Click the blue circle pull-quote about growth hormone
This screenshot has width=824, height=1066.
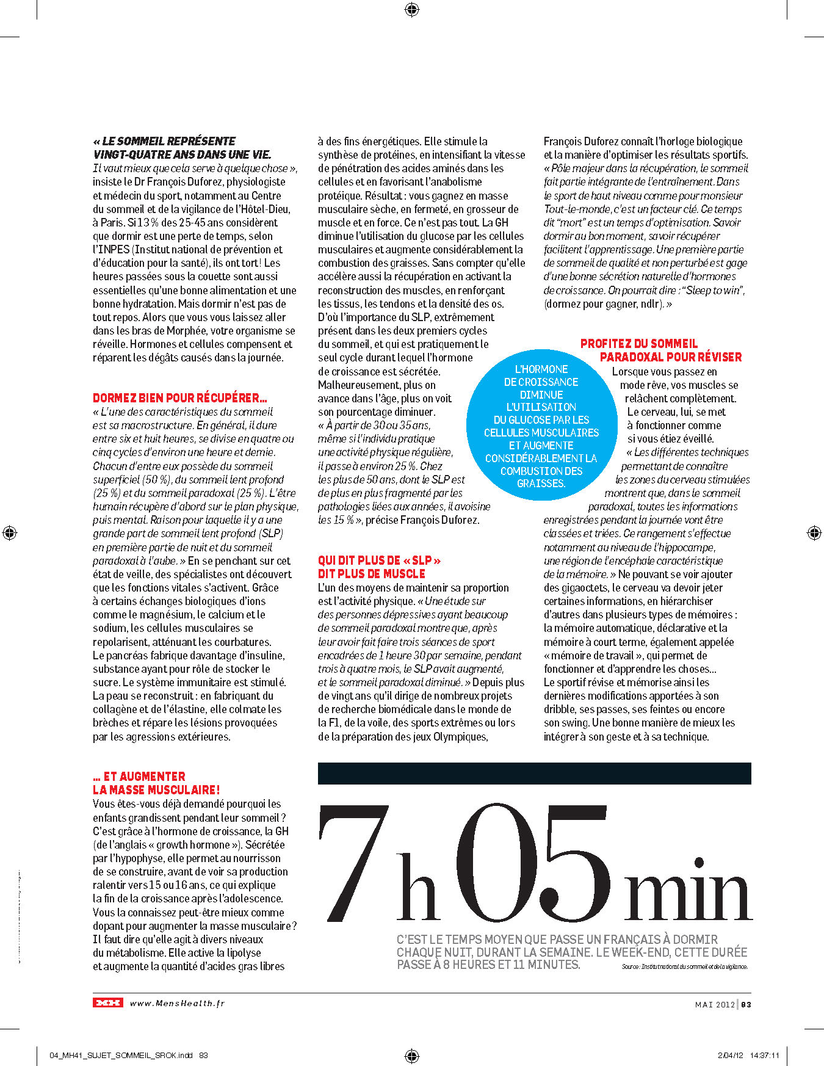pyautogui.click(x=541, y=426)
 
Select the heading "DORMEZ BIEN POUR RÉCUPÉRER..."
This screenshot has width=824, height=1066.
pyautogui.click(x=180, y=398)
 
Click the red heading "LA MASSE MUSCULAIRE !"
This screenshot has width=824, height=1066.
pyautogui.click(x=156, y=790)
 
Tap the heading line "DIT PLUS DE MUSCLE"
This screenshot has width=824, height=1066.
pyautogui.click(x=371, y=574)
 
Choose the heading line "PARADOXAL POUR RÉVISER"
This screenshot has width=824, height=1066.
pyautogui.click(x=670, y=357)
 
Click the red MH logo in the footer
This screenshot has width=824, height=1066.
pyautogui.click(x=107, y=1003)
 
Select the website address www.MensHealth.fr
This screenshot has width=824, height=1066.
pyautogui.click(x=177, y=1003)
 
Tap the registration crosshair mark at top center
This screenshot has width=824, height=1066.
pyautogui.click(x=411, y=9)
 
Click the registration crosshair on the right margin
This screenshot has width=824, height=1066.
pyautogui.click(x=814, y=533)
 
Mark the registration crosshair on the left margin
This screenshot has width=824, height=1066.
pyautogui.click(x=10, y=533)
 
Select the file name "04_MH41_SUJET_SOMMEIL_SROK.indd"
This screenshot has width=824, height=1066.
pyautogui.click(x=121, y=1055)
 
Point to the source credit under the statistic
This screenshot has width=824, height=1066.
pyautogui.click(x=684, y=966)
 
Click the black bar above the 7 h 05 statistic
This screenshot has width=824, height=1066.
pyautogui.click(x=534, y=773)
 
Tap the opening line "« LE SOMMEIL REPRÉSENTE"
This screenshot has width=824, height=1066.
pyautogui.click(x=164, y=141)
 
